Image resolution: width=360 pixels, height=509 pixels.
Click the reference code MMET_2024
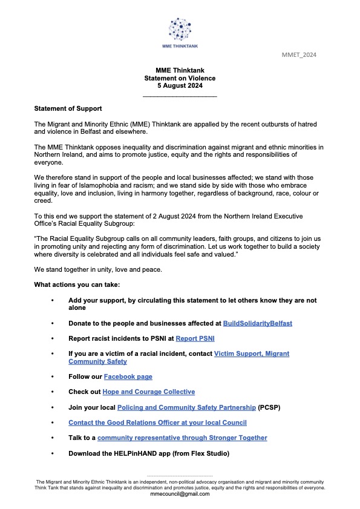click(299, 55)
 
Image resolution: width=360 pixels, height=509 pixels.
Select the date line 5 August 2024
click(180, 86)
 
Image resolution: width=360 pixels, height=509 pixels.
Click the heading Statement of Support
click(68, 108)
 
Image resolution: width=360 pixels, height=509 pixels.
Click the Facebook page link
click(128, 376)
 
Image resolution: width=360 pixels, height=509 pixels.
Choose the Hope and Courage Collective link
click(148, 392)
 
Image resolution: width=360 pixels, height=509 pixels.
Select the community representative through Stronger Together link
click(182, 438)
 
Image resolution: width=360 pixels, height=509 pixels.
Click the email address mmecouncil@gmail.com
click(180, 494)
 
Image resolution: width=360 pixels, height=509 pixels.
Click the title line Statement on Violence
click(180, 78)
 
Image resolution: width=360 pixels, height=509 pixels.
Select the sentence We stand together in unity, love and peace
click(96, 269)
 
